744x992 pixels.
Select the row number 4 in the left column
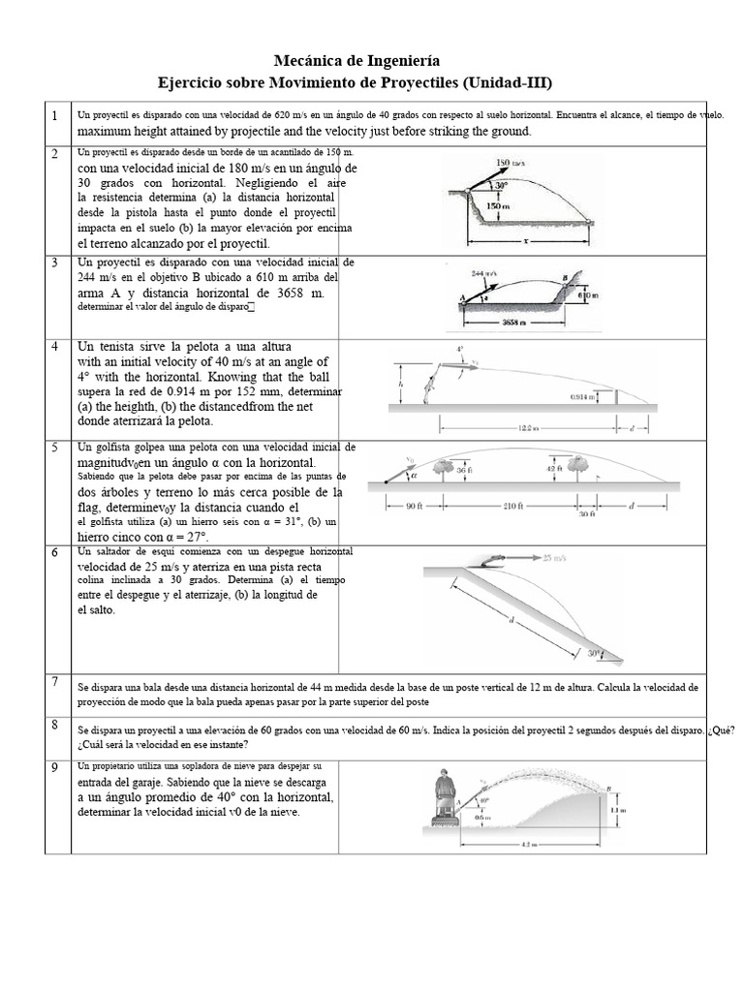click(56, 347)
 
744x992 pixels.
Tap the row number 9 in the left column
click(56, 768)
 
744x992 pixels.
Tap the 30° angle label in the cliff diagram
click(501, 181)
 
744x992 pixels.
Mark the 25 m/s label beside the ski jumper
click(555, 558)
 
